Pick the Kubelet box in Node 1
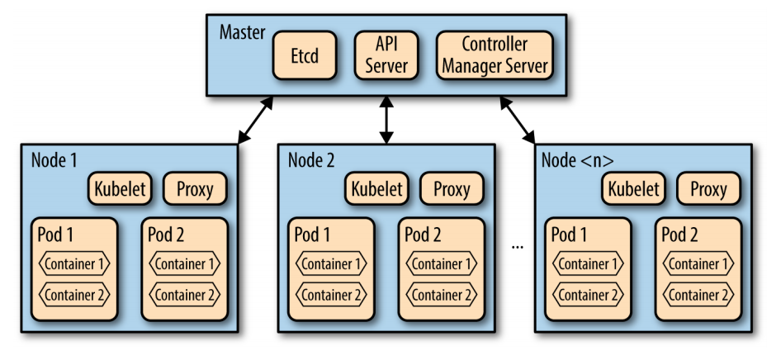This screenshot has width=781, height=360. click(118, 189)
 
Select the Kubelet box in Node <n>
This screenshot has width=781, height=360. click(633, 189)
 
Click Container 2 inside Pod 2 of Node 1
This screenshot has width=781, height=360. click(183, 295)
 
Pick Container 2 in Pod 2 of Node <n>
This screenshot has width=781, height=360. click(698, 295)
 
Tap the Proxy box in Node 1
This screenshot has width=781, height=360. click(194, 189)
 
